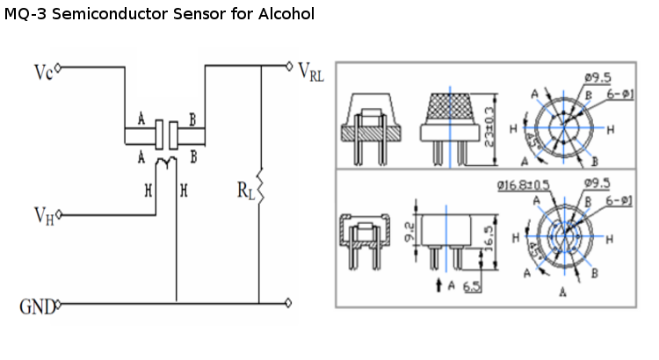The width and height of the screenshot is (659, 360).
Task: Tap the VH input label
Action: [43, 214]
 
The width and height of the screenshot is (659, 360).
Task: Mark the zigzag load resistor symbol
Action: [261, 186]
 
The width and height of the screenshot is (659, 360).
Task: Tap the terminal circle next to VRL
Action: [290, 66]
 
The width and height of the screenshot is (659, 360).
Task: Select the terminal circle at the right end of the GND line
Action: [290, 304]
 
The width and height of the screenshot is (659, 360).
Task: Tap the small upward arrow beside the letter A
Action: [440, 285]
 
